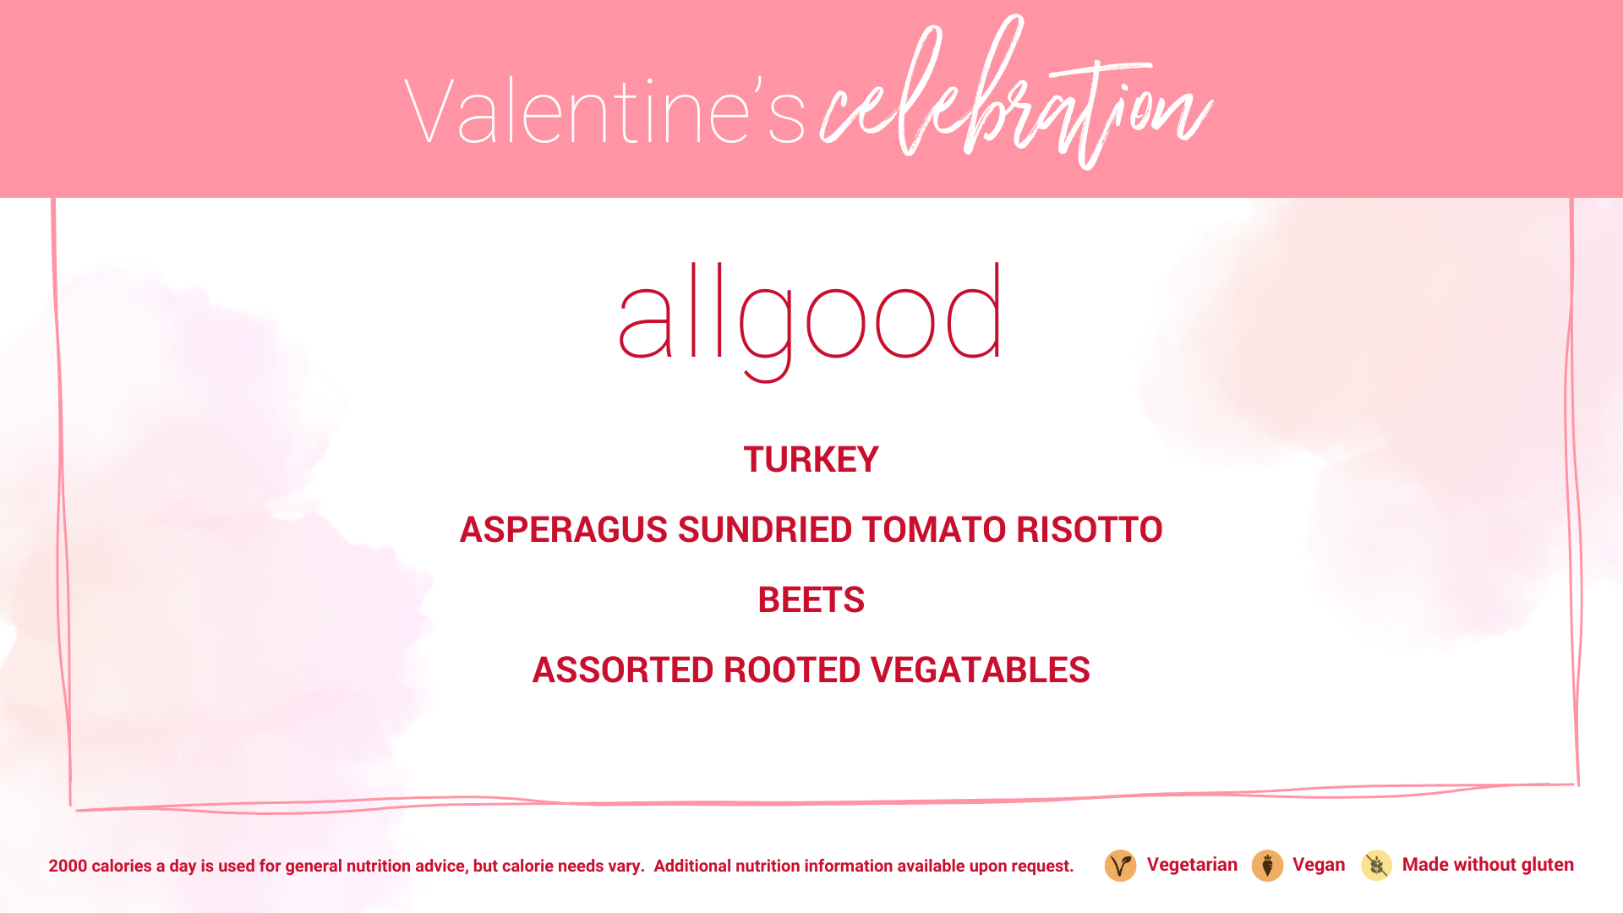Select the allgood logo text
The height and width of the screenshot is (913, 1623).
click(x=811, y=322)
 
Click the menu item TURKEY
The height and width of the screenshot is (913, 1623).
click(x=811, y=460)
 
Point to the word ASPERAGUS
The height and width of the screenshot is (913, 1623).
click(x=564, y=530)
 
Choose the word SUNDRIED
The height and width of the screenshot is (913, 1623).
click(x=765, y=530)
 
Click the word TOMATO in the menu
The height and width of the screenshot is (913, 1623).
click(x=934, y=530)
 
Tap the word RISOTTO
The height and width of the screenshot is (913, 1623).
click(x=1090, y=530)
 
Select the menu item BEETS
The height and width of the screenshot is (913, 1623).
click(x=811, y=600)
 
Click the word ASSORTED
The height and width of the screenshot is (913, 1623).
click(x=623, y=670)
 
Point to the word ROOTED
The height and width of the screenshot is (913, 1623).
click(x=793, y=670)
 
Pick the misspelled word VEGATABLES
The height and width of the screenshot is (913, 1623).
click(x=981, y=670)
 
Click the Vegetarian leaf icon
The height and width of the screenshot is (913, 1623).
click(x=1120, y=866)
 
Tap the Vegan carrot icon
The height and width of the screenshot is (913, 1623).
click(x=1267, y=866)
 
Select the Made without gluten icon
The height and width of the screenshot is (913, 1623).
click(x=1376, y=866)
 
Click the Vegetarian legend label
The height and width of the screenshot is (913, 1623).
click(x=1192, y=865)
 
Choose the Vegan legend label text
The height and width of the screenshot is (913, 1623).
click(x=1319, y=866)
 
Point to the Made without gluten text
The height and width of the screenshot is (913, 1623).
click(x=1488, y=865)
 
